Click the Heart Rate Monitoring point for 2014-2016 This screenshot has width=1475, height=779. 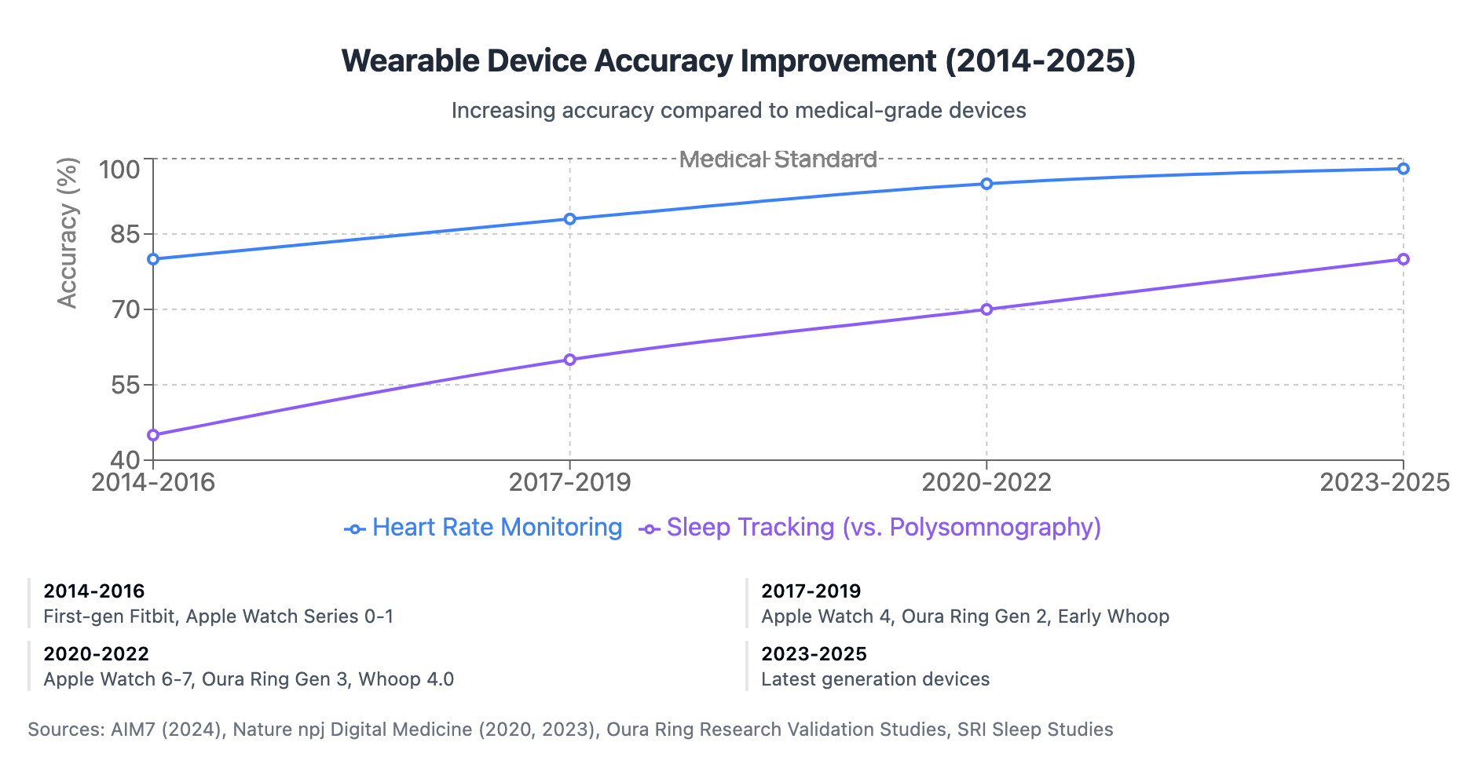click(x=153, y=259)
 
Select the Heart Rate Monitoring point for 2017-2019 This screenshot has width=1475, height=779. click(x=570, y=219)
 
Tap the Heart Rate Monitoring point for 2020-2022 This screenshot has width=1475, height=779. click(x=986, y=184)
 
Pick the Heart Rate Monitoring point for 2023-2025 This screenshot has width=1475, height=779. click(x=1404, y=169)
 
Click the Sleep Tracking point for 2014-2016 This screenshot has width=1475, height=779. click(x=153, y=435)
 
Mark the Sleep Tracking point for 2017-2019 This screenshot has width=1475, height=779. click(x=570, y=360)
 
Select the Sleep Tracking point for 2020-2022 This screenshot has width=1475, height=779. click(x=986, y=309)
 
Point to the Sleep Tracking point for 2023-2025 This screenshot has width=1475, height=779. click(x=1404, y=259)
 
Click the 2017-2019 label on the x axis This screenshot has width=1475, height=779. click(x=570, y=482)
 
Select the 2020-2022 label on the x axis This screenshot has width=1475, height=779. click(x=986, y=482)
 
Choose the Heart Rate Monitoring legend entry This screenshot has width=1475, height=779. click(x=483, y=528)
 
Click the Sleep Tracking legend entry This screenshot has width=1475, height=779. click(x=870, y=528)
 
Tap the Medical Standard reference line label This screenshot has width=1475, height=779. click(x=778, y=159)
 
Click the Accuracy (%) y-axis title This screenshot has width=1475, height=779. click(x=68, y=233)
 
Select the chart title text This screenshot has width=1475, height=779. click(x=738, y=61)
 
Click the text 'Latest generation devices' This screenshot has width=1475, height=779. click(x=875, y=679)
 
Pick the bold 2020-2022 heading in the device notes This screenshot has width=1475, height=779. click(x=96, y=654)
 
